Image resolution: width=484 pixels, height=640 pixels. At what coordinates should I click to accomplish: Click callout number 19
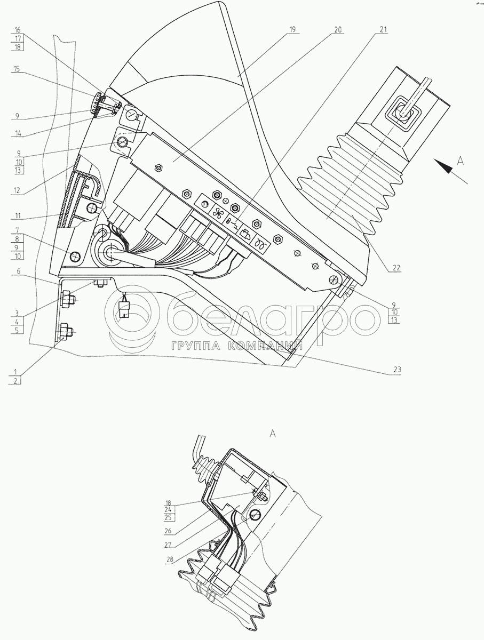[292, 31]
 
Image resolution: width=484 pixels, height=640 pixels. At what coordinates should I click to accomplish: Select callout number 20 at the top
[338, 31]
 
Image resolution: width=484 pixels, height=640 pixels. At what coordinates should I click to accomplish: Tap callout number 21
[383, 31]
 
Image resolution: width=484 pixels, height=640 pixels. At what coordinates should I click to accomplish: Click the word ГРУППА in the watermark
[195, 346]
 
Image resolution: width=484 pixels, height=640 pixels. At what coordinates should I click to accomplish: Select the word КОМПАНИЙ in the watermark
[265, 346]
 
